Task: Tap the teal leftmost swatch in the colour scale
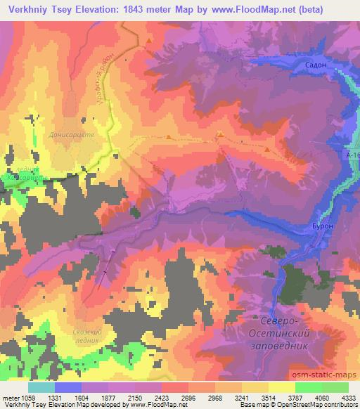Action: pos(41,387)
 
